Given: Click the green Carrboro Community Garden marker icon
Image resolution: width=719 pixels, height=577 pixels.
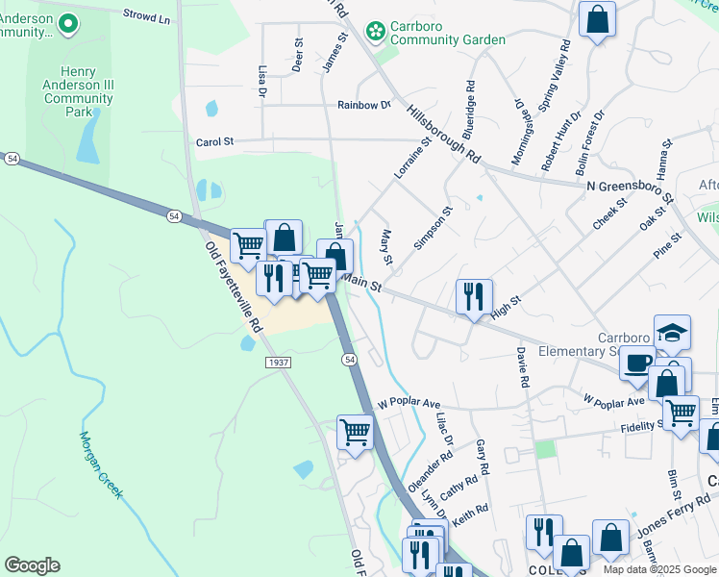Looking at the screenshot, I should point(376,33).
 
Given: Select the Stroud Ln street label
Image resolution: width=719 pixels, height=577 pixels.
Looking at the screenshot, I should point(146,16).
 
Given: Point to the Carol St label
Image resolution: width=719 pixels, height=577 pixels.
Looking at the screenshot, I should point(215,142).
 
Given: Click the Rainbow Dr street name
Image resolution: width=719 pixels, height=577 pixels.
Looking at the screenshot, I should point(364,105).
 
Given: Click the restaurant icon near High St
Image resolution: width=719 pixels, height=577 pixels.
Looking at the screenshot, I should point(474,296).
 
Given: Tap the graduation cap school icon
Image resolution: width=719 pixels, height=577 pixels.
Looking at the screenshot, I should point(672,333).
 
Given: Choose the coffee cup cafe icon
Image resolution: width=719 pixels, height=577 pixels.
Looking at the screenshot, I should point(636,364).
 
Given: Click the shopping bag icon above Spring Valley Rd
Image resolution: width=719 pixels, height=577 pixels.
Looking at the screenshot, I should point(597,18).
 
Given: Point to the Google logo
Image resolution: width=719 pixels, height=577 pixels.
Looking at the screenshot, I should point(32,565).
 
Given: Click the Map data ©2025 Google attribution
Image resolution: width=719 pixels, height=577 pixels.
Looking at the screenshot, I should point(659,569).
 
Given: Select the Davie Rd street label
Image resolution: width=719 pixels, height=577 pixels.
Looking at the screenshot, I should point(522,368).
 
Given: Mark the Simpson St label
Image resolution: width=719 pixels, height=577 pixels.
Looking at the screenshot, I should point(433,228).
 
